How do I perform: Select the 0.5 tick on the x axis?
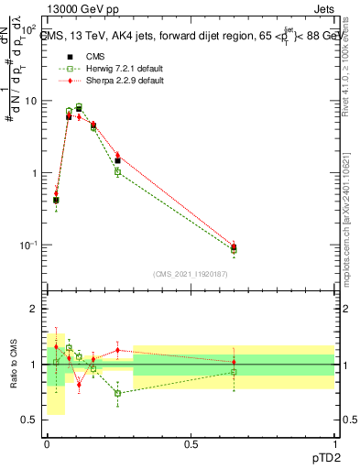(x=191, y=443)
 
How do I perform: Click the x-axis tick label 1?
(x=333, y=443)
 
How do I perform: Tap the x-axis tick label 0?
(x=48, y=443)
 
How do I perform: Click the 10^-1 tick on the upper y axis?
(x=31, y=245)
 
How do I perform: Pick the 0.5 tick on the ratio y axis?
(x=33, y=420)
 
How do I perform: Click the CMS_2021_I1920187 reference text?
(x=191, y=274)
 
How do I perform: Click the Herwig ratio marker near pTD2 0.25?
(x=118, y=393)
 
